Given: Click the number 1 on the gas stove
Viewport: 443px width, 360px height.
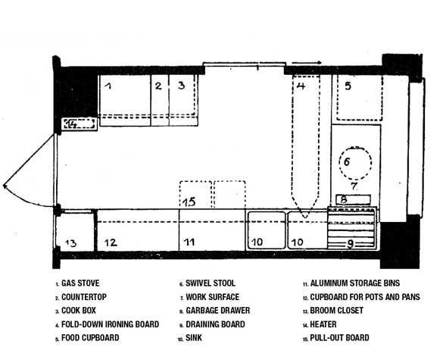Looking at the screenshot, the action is [x=108, y=85].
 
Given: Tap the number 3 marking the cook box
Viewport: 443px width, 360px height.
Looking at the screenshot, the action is [x=182, y=85].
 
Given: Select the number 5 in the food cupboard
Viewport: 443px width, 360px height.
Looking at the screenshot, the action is [x=348, y=86].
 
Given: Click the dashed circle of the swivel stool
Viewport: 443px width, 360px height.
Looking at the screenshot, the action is [x=355, y=147].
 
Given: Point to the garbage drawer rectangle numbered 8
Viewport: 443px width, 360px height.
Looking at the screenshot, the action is [x=353, y=199].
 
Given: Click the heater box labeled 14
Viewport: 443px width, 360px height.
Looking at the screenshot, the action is [x=79, y=124].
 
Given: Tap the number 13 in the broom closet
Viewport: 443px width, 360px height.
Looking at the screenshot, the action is [x=70, y=243].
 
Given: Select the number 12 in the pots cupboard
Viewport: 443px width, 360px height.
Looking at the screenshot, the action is [x=111, y=243].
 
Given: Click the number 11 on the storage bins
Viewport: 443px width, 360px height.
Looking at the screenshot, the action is [x=189, y=242].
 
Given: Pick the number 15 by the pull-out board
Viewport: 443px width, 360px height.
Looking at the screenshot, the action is [x=189, y=202].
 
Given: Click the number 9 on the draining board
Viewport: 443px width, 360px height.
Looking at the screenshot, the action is [x=351, y=244].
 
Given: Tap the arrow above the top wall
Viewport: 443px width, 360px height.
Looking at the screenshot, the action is [x=307, y=62].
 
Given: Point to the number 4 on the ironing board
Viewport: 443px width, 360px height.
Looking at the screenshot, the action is [x=301, y=86].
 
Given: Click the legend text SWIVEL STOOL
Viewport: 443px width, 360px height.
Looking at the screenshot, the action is [x=211, y=283].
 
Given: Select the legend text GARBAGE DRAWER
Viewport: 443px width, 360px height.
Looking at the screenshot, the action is [x=218, y=311].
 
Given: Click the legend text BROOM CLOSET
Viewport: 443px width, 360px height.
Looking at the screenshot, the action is [x=336, y=311].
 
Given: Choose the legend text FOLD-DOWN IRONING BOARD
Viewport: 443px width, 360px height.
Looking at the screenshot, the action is [x=111, y=324].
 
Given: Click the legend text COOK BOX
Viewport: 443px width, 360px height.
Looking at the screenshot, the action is [x=79, y=311].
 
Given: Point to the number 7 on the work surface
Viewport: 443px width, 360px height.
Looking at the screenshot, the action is [x=354, y=186].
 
